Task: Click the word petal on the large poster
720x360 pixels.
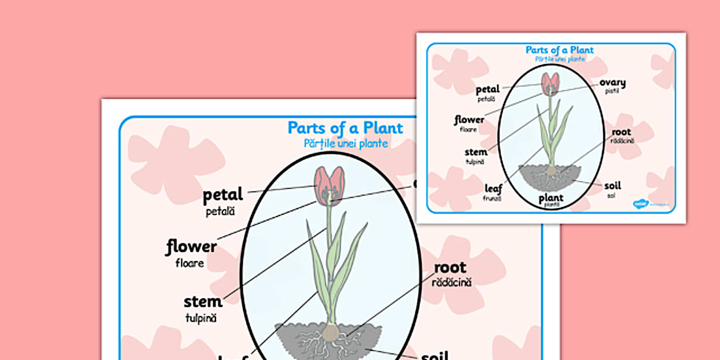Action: pyautogui.click(x=223, y=195)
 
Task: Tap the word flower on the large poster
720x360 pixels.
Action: pyautogui.click(x=191, y=247)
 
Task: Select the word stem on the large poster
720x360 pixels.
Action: pyautogui.click(x=203, y=301)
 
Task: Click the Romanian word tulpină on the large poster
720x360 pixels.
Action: pyautogui.click(x=201, y=318)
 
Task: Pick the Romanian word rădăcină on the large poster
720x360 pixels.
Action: pyautogui.click(x=451, y=282)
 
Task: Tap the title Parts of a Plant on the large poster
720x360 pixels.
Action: pyautogui.click(x=345, y=127)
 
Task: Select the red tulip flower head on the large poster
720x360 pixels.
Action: pyautogui.click(x=330, y=186)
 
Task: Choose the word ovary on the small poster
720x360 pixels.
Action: pyautogui.click(x=612, y=83)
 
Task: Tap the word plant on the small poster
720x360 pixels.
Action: pyautogui.click(x=551, y=198)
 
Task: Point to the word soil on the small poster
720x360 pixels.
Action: pyautogui.click(x=612, y=186)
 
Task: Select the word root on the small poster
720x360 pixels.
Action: pyautogui.click(x=621, y=132)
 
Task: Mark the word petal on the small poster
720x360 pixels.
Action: pyautogui.click(x=487, y=89)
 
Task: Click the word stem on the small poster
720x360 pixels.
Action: pyautogui.click(x=476, y=152)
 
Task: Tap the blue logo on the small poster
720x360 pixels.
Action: pyautogui.click(x=639, y=203)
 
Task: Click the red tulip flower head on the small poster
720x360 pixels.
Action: pyautogui.click(x=550, y=83)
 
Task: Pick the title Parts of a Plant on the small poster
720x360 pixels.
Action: pyautogui.click(x=559, y=50)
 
